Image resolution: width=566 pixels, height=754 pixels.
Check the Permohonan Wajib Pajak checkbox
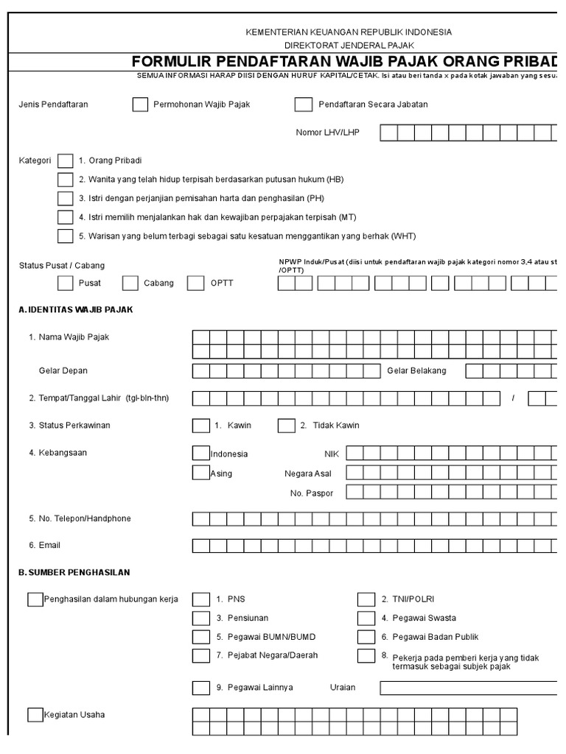point(140,105)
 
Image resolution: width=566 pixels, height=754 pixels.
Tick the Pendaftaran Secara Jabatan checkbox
point(303,105)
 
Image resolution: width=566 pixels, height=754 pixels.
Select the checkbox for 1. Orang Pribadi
point(66,161)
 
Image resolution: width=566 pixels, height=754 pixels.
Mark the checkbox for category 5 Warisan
point(66,236)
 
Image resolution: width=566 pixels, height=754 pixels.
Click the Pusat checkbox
point(66,283)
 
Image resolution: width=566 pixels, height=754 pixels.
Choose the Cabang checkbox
point(130,283)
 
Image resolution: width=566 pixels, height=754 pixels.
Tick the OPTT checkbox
point(195,283)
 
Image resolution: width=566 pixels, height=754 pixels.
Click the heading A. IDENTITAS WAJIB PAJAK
point(76,310)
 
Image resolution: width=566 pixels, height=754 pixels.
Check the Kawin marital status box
point(200,426)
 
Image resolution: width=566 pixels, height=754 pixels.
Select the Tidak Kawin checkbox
point(286,426)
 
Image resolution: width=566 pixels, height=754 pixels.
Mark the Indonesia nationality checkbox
point(200,453)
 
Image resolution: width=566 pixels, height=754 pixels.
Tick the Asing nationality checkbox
point(200,473)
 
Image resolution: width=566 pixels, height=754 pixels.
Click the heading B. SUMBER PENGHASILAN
point(74,573)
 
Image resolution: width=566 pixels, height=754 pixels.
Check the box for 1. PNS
point(200,599)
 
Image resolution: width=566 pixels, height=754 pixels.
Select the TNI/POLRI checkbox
point(366,599)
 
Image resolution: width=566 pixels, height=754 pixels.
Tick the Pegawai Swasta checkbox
point(366,619)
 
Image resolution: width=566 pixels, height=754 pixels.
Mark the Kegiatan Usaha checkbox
point(35,715)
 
